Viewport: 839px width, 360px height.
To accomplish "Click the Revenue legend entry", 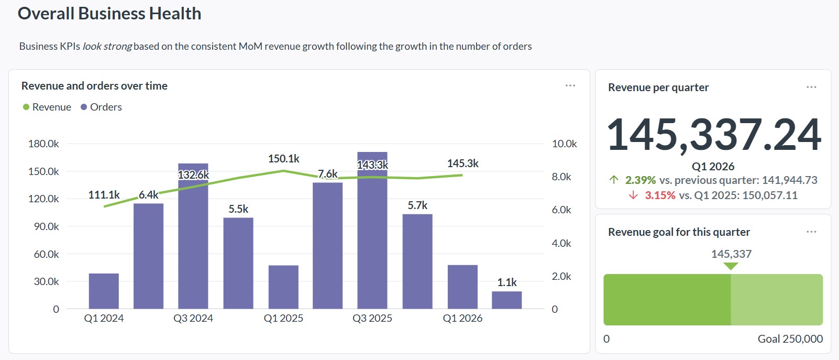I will (x=47, y=107).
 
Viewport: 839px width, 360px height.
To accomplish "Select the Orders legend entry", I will (x=101, y=107).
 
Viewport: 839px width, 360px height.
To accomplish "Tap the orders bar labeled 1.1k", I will (x=506, y=300).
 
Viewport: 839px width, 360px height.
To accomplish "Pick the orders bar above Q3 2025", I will (x=372, y=236).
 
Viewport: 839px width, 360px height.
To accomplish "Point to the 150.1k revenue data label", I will (x=283, y=159).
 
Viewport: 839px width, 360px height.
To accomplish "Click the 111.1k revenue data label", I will (x=104, y=195).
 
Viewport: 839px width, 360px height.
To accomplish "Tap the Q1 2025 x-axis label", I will (x=283, y=318).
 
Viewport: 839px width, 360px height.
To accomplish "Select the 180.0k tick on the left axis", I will (x=43, y=144).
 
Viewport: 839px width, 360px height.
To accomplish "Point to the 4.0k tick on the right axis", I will (x=561, y=243).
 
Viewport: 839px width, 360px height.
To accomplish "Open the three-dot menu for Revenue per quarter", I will (x=811, y=87).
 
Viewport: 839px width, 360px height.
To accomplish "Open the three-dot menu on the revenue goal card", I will (x=811, y=232).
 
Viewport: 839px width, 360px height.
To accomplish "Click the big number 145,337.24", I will (x=713, y=134).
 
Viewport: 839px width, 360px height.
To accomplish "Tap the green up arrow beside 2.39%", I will (x=614, y=180).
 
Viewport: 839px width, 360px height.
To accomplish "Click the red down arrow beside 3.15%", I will (x=633, y=195).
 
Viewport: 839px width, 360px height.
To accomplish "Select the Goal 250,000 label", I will (x=790, y=339).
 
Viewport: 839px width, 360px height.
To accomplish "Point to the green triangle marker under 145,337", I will (x=731, y=266).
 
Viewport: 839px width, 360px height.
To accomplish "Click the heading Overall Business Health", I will (x=109, y=14).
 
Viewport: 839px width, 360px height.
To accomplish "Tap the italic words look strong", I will (x=107, y=46).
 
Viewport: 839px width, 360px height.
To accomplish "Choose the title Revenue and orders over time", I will (x=94, y=86).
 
